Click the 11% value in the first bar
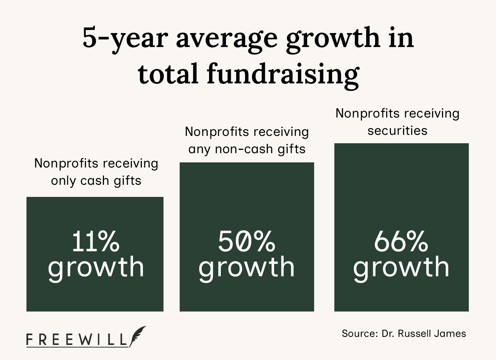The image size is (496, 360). (x=96, y=241)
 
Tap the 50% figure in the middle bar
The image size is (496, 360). (x=247, y=241)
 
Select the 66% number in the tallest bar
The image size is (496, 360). (x=401, y=241)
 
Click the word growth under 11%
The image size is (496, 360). (x=96, y=267)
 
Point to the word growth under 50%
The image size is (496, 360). (x=247, y=267)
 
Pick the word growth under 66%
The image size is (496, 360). (x=401, y=267)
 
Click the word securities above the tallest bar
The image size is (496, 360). (x=397, y=130)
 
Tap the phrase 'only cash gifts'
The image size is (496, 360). (x=96, y=180)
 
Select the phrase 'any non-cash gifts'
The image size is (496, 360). (x=247, y=149)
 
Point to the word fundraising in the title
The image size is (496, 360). (x=283, y=73)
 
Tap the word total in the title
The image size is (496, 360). (x=169, y=73)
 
